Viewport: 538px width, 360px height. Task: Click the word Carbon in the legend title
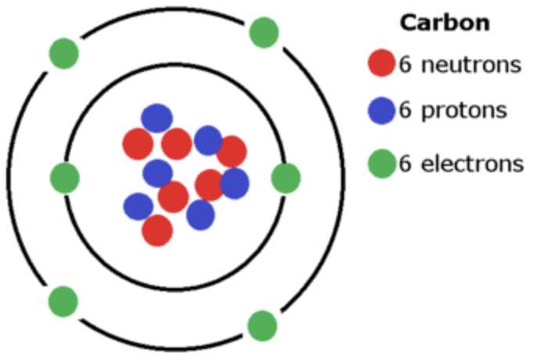pos(445,23)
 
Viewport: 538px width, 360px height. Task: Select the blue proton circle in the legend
pos(382,111)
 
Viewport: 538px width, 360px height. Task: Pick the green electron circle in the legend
pos(382,164)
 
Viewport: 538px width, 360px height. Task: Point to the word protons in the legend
pos(464,112)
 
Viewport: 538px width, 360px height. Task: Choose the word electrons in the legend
pos(472,164)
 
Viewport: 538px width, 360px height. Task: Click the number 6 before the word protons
pos(405,111)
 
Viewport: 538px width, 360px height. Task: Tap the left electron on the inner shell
pos(65,178)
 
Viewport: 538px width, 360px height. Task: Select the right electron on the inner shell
pos(285,178)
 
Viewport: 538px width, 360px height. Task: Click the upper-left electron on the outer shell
pos(63,53)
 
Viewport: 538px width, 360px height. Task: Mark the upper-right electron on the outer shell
pos(264,32)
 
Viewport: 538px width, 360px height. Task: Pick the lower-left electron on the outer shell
pos(63,301)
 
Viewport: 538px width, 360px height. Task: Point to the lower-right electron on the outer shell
pos(262,325)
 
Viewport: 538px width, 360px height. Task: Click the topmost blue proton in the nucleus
pos(156,118)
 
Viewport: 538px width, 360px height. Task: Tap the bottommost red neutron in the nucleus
pos(157,230)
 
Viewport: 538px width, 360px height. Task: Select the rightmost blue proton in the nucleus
pos(235,183)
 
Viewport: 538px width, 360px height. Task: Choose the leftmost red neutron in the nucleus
pos(138,144)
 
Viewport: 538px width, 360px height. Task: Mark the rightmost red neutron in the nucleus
pos(232,151)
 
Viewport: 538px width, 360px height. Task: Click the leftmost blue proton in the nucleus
pos(138,207)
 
